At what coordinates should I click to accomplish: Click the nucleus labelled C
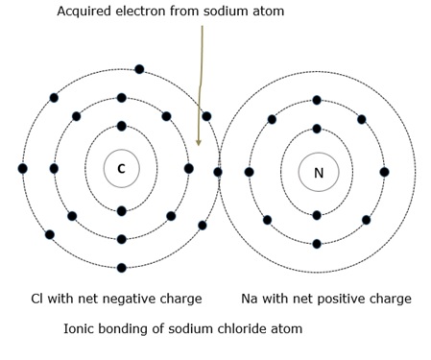[121, 169]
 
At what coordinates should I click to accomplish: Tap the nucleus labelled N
[318, 173]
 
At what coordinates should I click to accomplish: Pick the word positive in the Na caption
[356, 299]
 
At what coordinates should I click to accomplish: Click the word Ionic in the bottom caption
[81, 328]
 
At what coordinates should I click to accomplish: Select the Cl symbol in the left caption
[38, 299]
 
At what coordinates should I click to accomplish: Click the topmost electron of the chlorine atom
[139, 69]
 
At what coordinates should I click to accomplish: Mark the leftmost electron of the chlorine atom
[22, 169]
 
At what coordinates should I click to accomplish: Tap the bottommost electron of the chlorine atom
[122, 268]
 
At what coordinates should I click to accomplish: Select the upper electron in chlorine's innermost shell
[122, 126]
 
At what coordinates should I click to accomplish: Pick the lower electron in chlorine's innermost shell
[122, 211]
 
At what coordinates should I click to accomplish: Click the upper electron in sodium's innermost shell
[317, 129]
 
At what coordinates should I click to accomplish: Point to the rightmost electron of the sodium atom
[385, 173]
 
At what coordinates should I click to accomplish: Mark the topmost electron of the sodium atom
[317, 100]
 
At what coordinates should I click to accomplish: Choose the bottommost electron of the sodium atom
[317, 244]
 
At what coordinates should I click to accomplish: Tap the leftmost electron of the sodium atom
[249, 173]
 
